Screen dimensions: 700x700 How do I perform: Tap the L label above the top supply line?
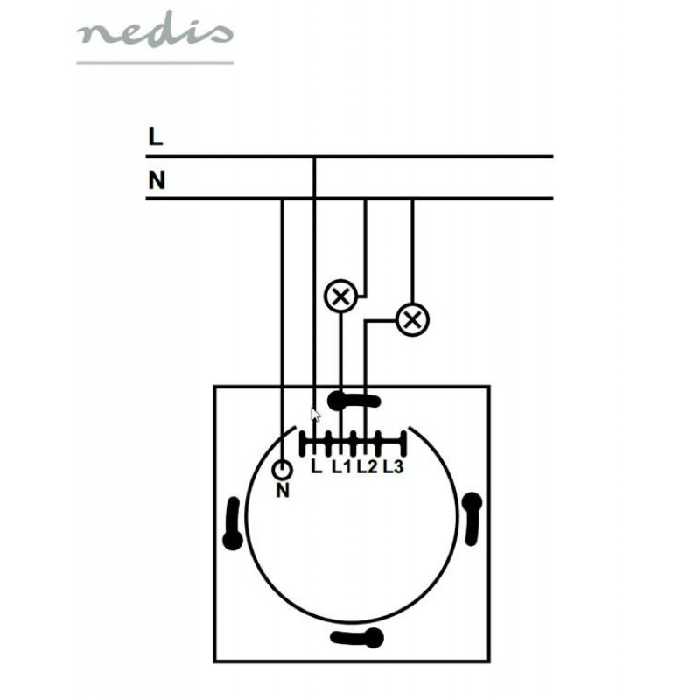click(156, 136)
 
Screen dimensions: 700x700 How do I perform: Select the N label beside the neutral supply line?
click(157, 180)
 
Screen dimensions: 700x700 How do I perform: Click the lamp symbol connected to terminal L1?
click(341, 297)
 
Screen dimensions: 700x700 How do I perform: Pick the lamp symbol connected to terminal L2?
click(412, 320)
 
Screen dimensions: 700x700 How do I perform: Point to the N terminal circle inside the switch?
click(282, 470)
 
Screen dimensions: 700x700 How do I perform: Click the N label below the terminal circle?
click(283, 491)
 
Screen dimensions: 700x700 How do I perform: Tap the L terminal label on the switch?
click(316, 466)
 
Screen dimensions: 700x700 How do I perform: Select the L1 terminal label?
click(341, 466)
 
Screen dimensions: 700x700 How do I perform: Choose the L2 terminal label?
click(367, 466)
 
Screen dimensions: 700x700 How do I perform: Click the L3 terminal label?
click(393, 466)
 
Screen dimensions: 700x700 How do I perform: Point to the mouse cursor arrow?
click(315, 415)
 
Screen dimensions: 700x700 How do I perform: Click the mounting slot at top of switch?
click(353, 401)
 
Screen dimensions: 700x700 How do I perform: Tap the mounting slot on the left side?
click(233, 523)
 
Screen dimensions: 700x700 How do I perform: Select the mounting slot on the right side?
click(472, 519)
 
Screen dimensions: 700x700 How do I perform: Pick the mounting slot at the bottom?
click(357, 638)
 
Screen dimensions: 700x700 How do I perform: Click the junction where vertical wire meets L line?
click(314, 157)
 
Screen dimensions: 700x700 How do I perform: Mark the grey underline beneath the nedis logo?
click(155, 63)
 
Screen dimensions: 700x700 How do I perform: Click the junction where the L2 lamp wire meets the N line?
click(412, 199)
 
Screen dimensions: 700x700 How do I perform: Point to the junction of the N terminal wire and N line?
click(282, 199)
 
